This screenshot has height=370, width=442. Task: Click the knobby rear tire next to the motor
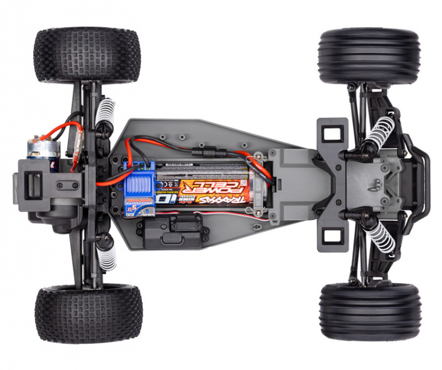87,55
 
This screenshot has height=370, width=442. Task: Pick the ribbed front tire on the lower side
370,311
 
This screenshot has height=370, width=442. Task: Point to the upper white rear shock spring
105,112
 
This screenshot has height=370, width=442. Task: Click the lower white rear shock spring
106,254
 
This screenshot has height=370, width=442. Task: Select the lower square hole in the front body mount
332,235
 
